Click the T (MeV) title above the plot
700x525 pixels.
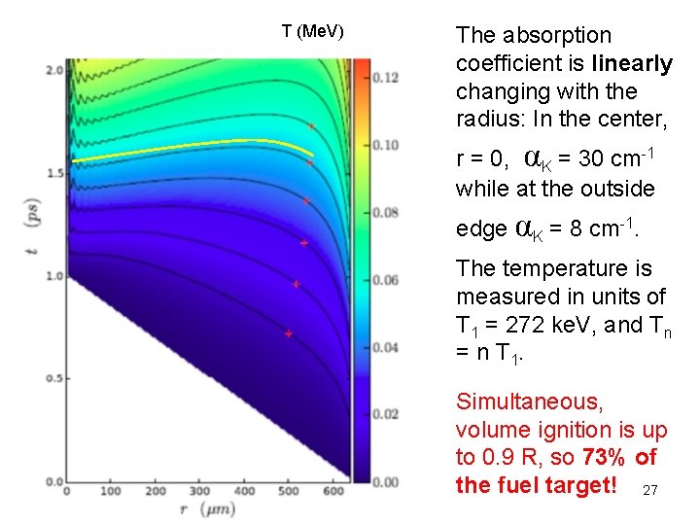click(312, 31)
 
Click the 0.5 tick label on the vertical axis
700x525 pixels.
click(52, 378)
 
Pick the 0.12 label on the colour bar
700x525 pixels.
click(386, 78)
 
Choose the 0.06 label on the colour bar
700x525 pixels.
click(386, 280)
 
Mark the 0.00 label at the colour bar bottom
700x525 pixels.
click(386, 481)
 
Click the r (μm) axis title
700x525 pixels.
click(206, 509)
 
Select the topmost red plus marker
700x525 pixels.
click(311, 126)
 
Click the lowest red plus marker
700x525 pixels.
click(289, 333)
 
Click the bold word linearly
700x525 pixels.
click(631, 64)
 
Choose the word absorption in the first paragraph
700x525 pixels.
click(550, 36)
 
